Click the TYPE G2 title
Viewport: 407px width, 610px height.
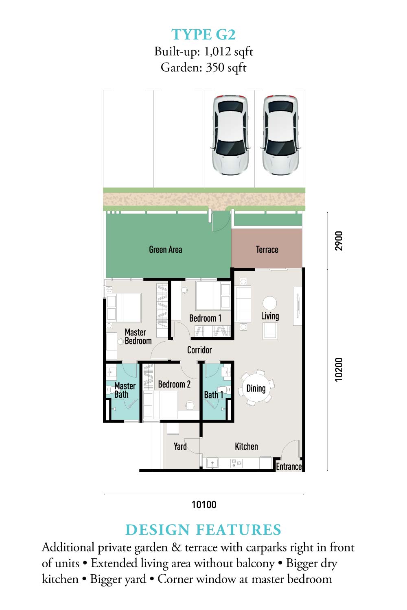pyautogui.click(x=203, y=35)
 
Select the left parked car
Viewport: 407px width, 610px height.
pyautogui.click(x=230, y=135)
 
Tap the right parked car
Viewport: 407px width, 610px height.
pyautogui.click(x=280, y=135)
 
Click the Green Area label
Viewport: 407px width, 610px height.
pyautogui.click(x=166, y=249)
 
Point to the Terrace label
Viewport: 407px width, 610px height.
pyautogui.click(x=267, y=249)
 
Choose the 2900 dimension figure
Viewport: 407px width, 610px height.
pyautogui.click(x=339, y=241)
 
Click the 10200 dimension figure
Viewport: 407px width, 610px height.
pyautogui.click(x=339, y=370)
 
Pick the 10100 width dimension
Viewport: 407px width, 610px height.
pyautogui.click(x=204, y=505)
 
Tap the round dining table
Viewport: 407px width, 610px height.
pyautogui.click(x=256, y=388)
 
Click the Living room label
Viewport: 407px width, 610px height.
pyautogui.click(x=270, y=316)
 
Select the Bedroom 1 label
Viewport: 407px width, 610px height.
pyautogui.click(x=205, y=318)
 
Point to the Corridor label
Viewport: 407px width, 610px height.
pyautogui.click(x=199, y=350)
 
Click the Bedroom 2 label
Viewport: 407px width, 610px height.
pyautogui.click(x=174, y=384)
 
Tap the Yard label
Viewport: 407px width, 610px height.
pyautogui.click(x=180, y=447)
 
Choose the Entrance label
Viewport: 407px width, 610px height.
pyautogui.click(x=289, y=466)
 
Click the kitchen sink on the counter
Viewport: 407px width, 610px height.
pyautogui.click(x=212, y=463)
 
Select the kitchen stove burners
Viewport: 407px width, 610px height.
pyautogui.click(x=236, y=463)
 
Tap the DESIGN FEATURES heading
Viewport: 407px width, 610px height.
pyautogui.click(x=203, y=529)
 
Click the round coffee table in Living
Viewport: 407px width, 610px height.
pyautogui.click(x=269, y=303)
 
